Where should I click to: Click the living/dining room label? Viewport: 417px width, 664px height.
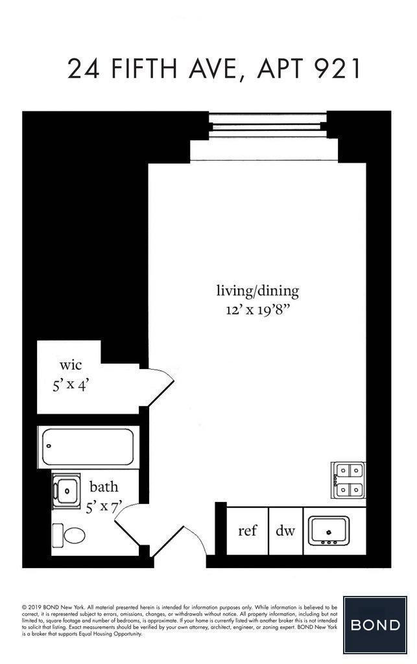257,290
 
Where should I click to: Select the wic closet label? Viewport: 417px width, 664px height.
70,366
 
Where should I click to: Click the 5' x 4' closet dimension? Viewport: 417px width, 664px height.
70,385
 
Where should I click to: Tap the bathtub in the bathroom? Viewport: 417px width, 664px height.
88,446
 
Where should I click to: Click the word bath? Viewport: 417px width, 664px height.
104,487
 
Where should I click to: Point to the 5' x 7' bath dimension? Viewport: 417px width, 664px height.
104,506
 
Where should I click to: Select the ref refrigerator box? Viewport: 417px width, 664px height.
247,531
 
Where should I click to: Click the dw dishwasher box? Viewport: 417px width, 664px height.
285,531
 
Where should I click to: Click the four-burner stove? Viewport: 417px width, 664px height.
349,480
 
